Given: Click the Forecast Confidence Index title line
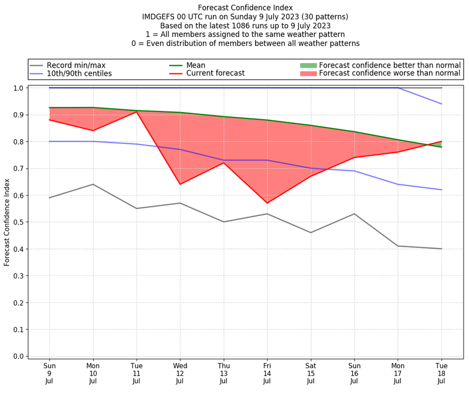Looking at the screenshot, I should point(245,8).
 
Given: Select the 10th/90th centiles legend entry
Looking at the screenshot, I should point(79,73).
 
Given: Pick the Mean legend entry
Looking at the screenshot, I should point(196,65).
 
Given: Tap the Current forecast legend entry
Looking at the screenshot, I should point(215,73).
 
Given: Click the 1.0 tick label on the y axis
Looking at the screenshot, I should point(19,88).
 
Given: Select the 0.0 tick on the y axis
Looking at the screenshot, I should point(19,356).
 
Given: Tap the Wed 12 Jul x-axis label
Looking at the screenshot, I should point(180,373).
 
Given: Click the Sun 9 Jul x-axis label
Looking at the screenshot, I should point(49,373).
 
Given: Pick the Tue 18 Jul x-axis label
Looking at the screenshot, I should point(441,373).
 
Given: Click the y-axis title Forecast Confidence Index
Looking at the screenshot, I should point(7,222).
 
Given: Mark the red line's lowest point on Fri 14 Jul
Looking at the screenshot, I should point(267,203).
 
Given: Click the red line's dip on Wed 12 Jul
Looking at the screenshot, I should point(180,184).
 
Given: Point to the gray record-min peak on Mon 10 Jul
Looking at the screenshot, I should point(93,184).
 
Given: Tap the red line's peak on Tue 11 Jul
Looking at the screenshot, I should point(137,112).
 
